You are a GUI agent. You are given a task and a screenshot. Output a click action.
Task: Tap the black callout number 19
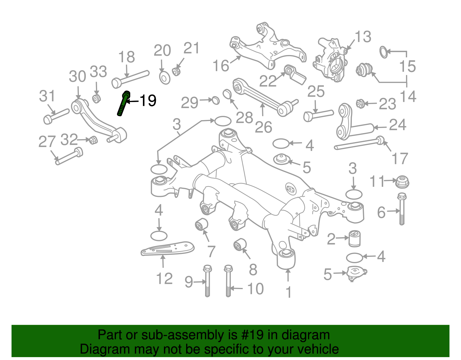click(x=148, y=101)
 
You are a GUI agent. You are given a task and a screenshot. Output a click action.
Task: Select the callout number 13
click(x=363, y=37)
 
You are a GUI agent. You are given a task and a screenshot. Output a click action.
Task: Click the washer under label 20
click(x=165, y=78)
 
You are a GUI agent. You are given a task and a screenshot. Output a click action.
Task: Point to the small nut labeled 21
click(x=176, y=71)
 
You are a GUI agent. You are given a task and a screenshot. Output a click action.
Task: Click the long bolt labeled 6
click(x=402, y=210)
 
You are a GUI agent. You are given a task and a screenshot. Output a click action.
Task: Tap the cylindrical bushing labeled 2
click(x=355, y=238)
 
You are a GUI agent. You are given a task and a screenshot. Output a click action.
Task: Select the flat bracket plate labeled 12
click(x=167, y=248)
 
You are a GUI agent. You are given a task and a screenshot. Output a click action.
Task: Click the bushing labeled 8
click(x=240, y=245)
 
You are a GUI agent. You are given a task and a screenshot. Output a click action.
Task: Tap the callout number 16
click(x=221, y=66)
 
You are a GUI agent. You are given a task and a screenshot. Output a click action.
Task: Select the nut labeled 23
click(x=360, y=103)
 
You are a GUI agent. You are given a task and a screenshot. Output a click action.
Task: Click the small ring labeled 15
click(x=383, y=52)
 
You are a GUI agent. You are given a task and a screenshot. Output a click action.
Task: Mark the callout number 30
click(x=78, y=77)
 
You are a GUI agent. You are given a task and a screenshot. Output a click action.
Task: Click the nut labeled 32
click(x=93, y=140)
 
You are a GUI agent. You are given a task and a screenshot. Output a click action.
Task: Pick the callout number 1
click(x=288, y=292)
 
